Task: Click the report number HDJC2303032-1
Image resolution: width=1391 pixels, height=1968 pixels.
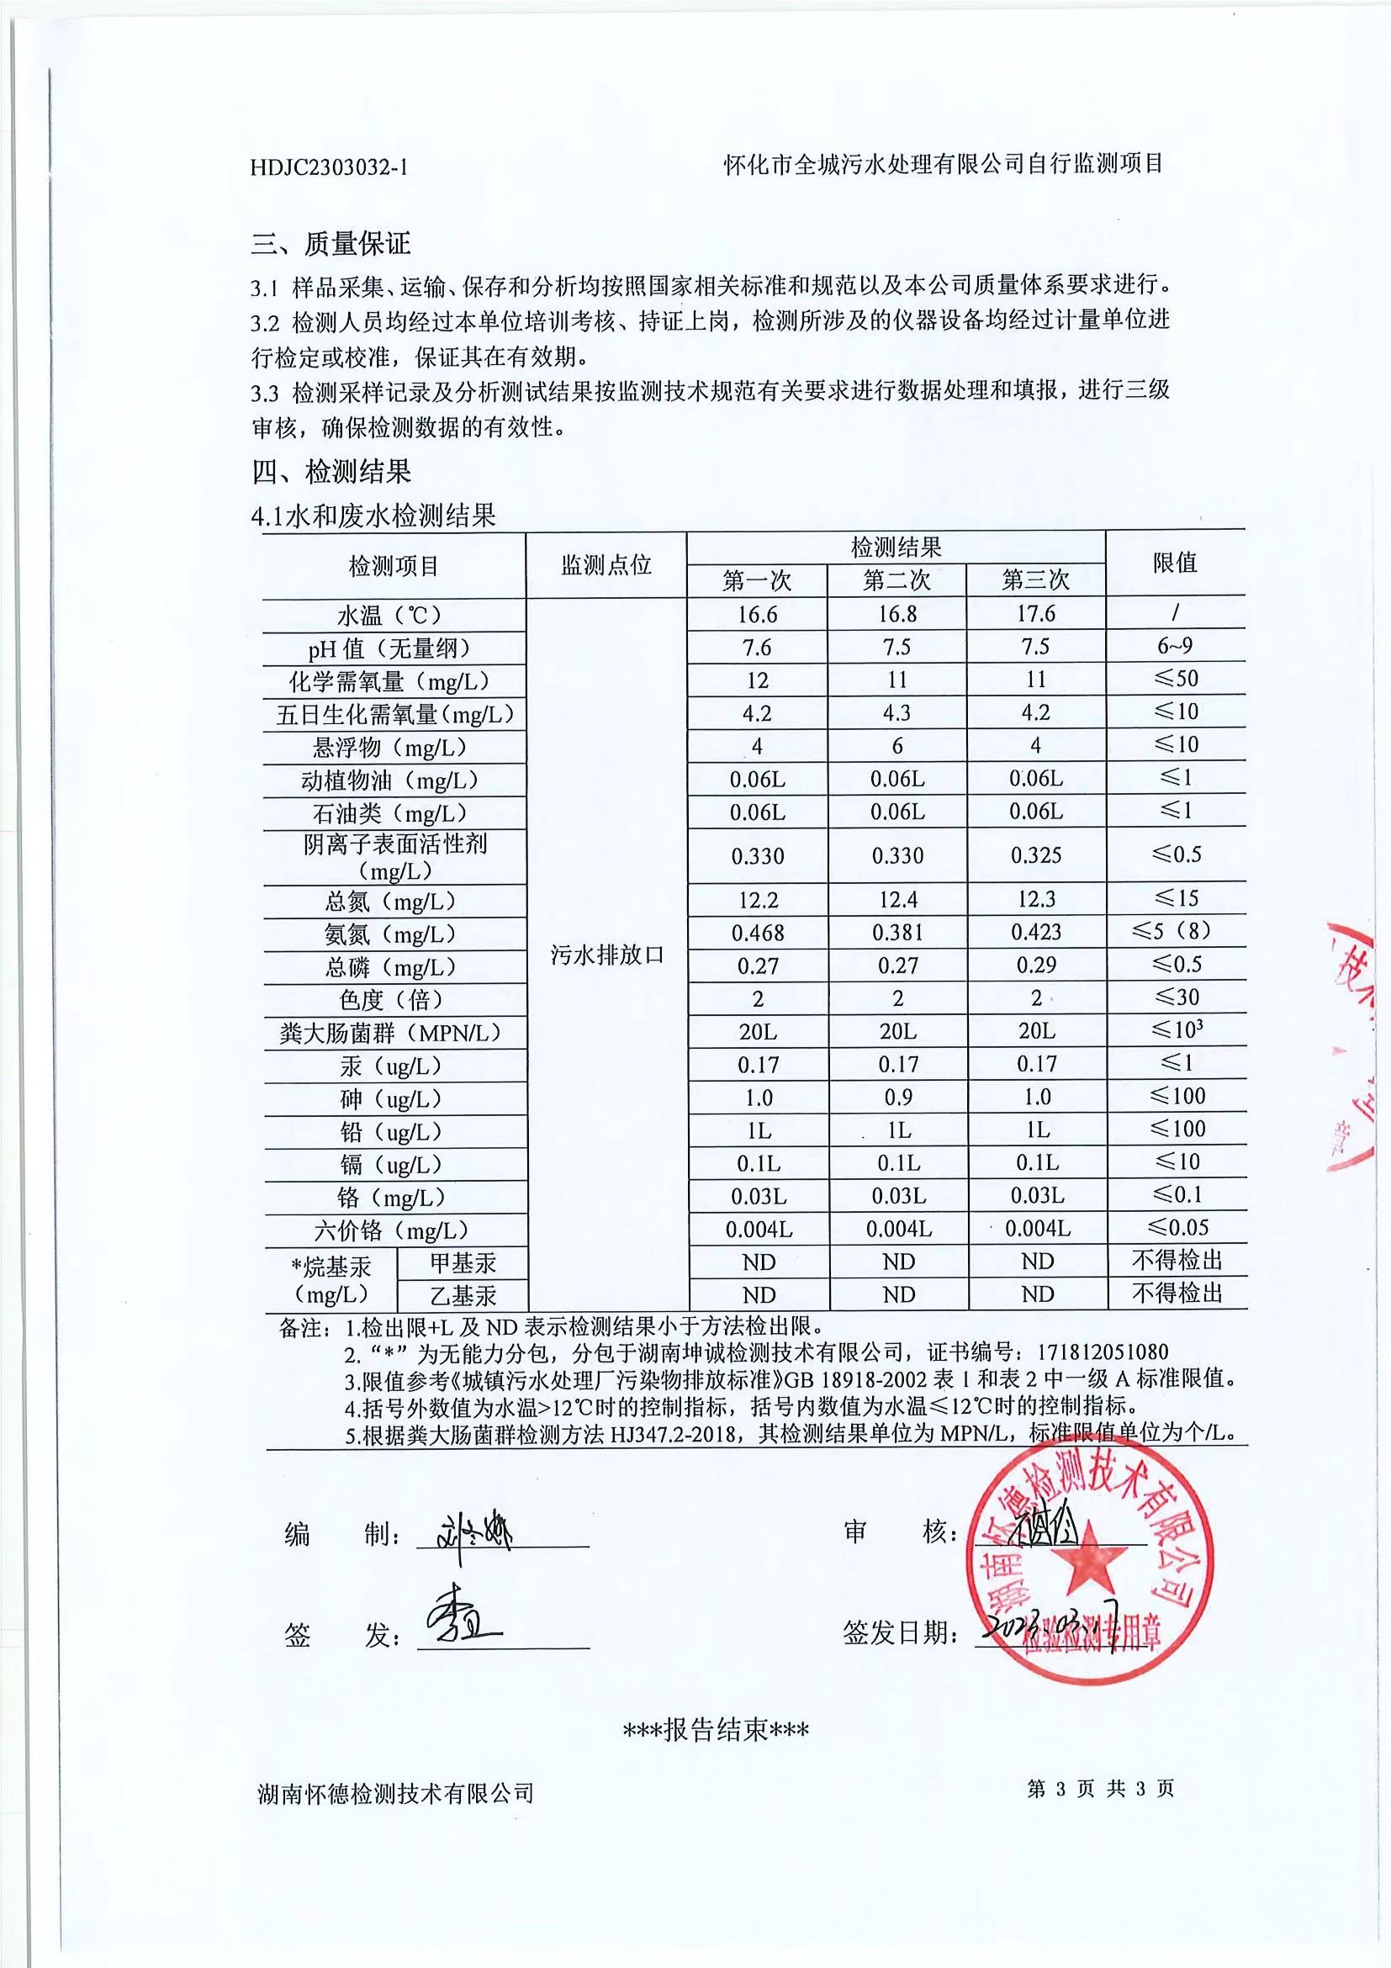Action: [x=328, y=167]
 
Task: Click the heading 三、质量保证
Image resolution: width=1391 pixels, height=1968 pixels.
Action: [x=331, y=244]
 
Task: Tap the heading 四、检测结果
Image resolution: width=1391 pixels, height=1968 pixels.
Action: [x=331, y=472]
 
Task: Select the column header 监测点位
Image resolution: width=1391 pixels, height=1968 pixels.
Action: [x=606, y=565]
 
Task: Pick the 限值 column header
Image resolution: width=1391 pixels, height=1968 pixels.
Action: [x=1174, y=563]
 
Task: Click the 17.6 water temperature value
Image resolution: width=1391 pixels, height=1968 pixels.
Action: [x=1035, y=614]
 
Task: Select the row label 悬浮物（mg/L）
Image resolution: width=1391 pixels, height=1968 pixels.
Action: [x=394, y=748]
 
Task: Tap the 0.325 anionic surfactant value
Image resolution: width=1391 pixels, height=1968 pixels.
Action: [x=1035, y=855]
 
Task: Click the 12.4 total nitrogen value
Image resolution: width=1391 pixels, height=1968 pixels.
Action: [x=896, y=899]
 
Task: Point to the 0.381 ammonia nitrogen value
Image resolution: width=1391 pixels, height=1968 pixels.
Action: [x=896, y=933]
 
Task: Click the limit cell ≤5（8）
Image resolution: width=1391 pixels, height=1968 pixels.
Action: [x=1176, y=931]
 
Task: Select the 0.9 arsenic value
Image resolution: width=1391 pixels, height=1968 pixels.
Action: [x=897, y=1098]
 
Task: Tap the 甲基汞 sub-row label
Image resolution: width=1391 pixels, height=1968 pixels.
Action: [x=462, y=1262]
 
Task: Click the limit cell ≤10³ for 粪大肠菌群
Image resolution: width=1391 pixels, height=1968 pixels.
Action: [x=1176, y=1029]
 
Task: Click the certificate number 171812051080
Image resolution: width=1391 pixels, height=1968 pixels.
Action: [x=1103, y=1352]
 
